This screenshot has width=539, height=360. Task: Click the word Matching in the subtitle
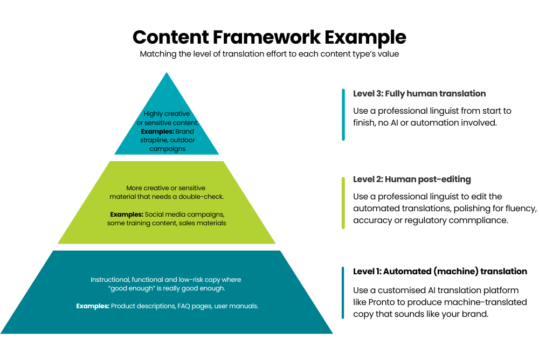156,54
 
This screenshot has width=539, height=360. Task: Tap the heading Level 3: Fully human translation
419,94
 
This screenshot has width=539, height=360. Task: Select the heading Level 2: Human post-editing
412,179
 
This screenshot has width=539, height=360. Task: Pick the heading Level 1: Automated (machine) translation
440,271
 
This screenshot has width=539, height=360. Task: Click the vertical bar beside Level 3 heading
343,115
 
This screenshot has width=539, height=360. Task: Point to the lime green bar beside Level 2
343,203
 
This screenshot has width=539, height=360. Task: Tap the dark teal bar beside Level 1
343,293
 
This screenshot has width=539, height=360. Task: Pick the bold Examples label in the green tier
126,214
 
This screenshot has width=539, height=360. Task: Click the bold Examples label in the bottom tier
93,306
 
